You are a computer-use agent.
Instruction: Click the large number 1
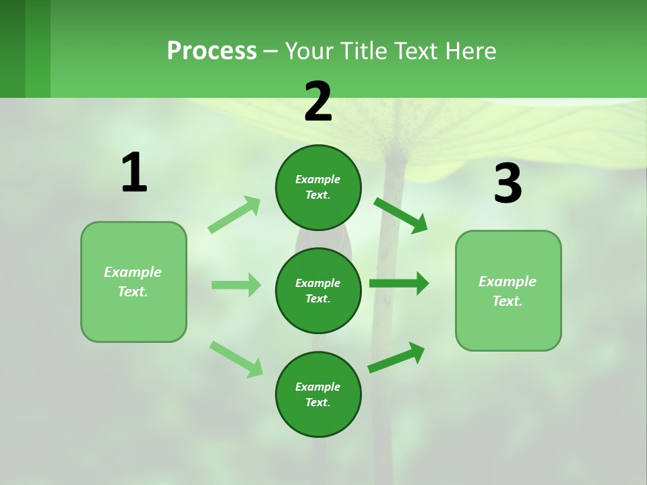(x=134, y=173)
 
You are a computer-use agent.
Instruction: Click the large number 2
(x=318, y=102)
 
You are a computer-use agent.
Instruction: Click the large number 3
(x=507, y=184)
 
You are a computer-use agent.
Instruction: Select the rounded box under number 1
(x=133, y=282)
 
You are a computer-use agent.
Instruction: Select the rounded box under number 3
(x=508, y=290)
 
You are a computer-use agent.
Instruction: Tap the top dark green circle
(x=318, y=187)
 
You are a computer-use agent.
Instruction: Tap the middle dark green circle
(x=318, y=290)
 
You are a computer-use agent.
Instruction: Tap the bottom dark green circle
(x=318, y=394)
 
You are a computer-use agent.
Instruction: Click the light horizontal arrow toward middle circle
(x=237, y=285)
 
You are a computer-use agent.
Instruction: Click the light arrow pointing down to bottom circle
(x=237, y=359)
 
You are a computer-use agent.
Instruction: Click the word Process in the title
(x=212, y=51)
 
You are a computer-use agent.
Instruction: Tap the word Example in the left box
(x=133, y=272)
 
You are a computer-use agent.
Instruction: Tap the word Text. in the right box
(x=507, y=301)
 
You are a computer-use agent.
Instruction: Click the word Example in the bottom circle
(x=318, y=387)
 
